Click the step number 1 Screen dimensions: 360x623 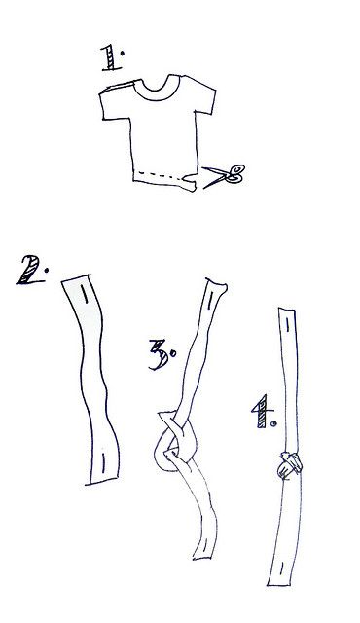(x=112, y=58)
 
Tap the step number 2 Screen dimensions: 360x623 (x=29, y=271)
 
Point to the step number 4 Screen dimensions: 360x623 (x=263, y=411)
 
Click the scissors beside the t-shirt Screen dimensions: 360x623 (x=224, y=175)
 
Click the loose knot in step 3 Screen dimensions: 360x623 (x=174, y=441)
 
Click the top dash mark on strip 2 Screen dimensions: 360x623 (x=84, y=294)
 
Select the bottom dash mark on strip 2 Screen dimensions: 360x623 (x=103, y=462)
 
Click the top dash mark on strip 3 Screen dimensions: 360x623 (x=210, y=301)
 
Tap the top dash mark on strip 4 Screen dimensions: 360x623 (x=287, y=324)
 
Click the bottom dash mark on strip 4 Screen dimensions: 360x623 (x=282, y=568)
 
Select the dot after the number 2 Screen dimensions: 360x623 (x=46, y=271)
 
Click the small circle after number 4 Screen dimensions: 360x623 (x=273, y=424)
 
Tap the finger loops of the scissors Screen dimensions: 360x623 (x=235, y=174)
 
